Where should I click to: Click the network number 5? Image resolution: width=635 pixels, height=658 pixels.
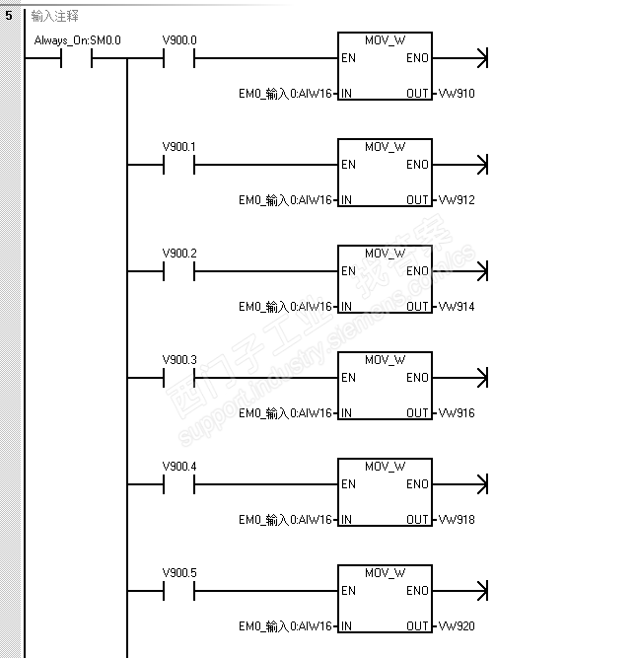(8, 16)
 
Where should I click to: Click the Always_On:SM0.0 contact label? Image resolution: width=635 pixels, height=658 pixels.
(77, 40)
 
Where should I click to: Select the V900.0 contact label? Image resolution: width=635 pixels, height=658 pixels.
(179, 40)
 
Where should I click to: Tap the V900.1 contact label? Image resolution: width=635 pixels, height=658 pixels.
(179, 147)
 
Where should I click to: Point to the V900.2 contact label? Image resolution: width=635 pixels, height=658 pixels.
(179, 254)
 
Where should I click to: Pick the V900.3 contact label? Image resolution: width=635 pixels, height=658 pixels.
(179, 360)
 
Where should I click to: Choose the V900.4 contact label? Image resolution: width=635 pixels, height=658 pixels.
(179, 467)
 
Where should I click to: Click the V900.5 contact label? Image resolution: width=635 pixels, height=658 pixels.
(179, 573)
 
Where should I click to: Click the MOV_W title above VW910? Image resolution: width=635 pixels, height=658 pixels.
(385, 40)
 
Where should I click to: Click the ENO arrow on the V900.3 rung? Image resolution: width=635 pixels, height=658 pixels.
(481, 378)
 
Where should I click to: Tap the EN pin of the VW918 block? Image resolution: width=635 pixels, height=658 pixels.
(348, 484)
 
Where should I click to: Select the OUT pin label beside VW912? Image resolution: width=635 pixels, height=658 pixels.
(417, 200)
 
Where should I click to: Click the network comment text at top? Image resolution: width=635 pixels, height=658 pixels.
(55, 16)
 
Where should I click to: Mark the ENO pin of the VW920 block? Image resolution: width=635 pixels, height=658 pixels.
(417, 591)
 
